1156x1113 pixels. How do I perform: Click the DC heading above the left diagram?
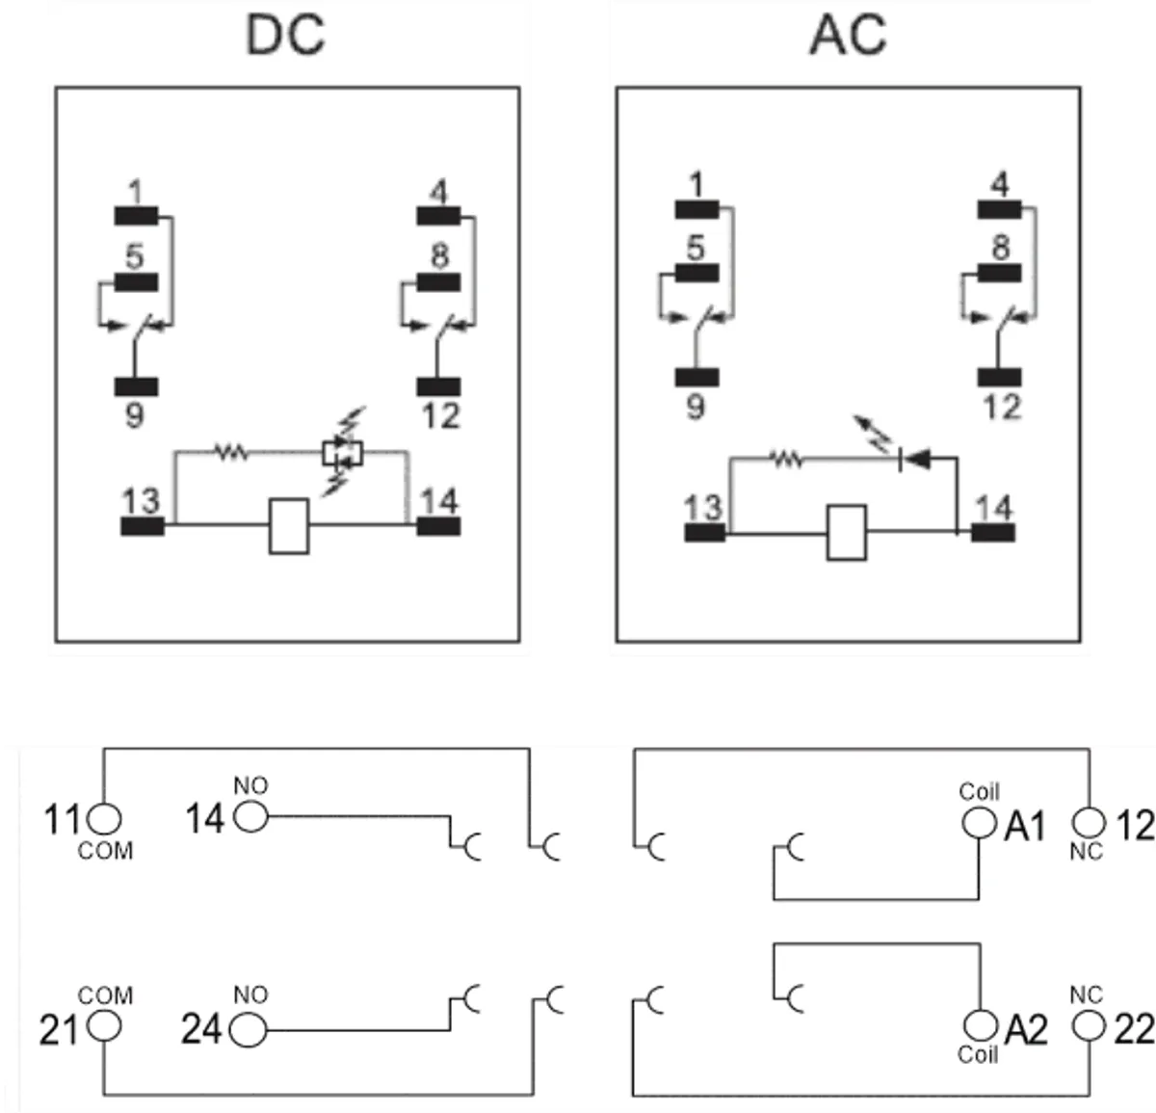click(286, 35)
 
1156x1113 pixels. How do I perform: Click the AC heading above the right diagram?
click(847, 35)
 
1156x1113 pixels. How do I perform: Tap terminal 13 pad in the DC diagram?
click(143, 526)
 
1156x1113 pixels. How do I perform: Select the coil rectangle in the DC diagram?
click(289, 526)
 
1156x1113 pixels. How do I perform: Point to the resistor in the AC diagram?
click(788, 461)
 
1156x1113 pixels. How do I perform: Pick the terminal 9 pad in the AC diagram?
click(696, 377)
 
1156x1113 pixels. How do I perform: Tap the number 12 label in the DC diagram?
click(439, 417)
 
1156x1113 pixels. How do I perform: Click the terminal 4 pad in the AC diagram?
click(1000, 208)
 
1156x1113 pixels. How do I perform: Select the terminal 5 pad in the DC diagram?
click(136, 281)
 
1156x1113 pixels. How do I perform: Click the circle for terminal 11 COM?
click(105, 820)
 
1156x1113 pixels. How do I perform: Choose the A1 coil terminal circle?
click(979, 823)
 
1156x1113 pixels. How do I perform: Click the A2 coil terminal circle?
click(979, 1025)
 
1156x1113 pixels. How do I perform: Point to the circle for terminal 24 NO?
click(249, 1030)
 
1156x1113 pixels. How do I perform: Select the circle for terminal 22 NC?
click(1089, 1025)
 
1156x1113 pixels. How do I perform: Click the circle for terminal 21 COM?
click(105, 1028)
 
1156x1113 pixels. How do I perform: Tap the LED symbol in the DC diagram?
click(342, 453)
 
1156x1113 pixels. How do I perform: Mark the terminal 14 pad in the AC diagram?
click(992, 531)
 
